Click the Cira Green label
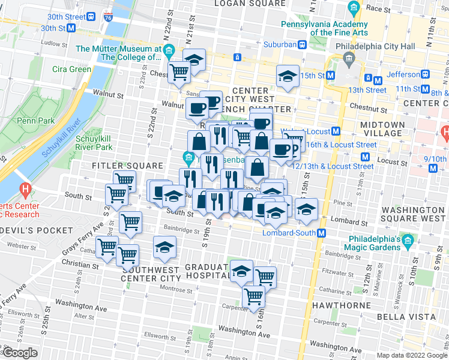point(71,69)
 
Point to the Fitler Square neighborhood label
point(128,165)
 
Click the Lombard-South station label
point(289,233)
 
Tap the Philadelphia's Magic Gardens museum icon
point(408,242)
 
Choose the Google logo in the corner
point(20,353)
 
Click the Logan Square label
point(240,4)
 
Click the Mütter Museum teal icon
point(170,49)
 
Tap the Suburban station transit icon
point(304,44)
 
